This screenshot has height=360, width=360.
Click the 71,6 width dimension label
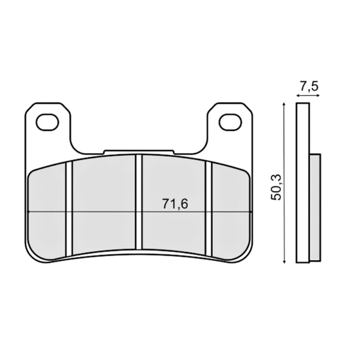175,204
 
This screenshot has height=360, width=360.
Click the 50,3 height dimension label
276,187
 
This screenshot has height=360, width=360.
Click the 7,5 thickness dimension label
309,86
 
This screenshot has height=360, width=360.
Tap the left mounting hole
47,122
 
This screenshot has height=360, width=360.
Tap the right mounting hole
230,122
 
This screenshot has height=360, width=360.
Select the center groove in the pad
139,202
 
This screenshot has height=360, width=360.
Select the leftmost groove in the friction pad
69,209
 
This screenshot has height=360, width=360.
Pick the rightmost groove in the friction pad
209,209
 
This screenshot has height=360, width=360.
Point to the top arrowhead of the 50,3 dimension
284,104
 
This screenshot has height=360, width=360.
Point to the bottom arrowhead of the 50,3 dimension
284,261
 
